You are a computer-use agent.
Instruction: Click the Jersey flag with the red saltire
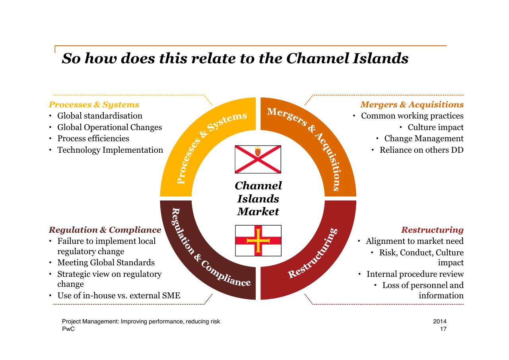(258, 160)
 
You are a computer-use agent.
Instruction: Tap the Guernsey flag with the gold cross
(258, 241)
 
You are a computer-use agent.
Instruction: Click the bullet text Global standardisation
(100, 116)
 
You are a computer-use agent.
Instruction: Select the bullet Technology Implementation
(110, 150)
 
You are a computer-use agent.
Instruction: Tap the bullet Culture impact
(435, 127)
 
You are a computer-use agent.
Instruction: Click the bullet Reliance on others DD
(422, 150)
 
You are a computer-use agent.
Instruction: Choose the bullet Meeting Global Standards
(106, 263)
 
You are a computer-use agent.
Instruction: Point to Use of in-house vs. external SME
(119, 296)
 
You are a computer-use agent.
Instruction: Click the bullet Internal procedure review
(415, 274)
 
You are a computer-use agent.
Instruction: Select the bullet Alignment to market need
(415, 241)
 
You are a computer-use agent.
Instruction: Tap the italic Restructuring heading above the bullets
(432, 230)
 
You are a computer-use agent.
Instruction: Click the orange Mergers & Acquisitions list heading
(412, 105)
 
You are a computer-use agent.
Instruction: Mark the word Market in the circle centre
(258, 212)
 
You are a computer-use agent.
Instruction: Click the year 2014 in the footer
(440, 321)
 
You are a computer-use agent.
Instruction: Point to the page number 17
(443, 329)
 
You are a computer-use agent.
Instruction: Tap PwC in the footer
(68, 329)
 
